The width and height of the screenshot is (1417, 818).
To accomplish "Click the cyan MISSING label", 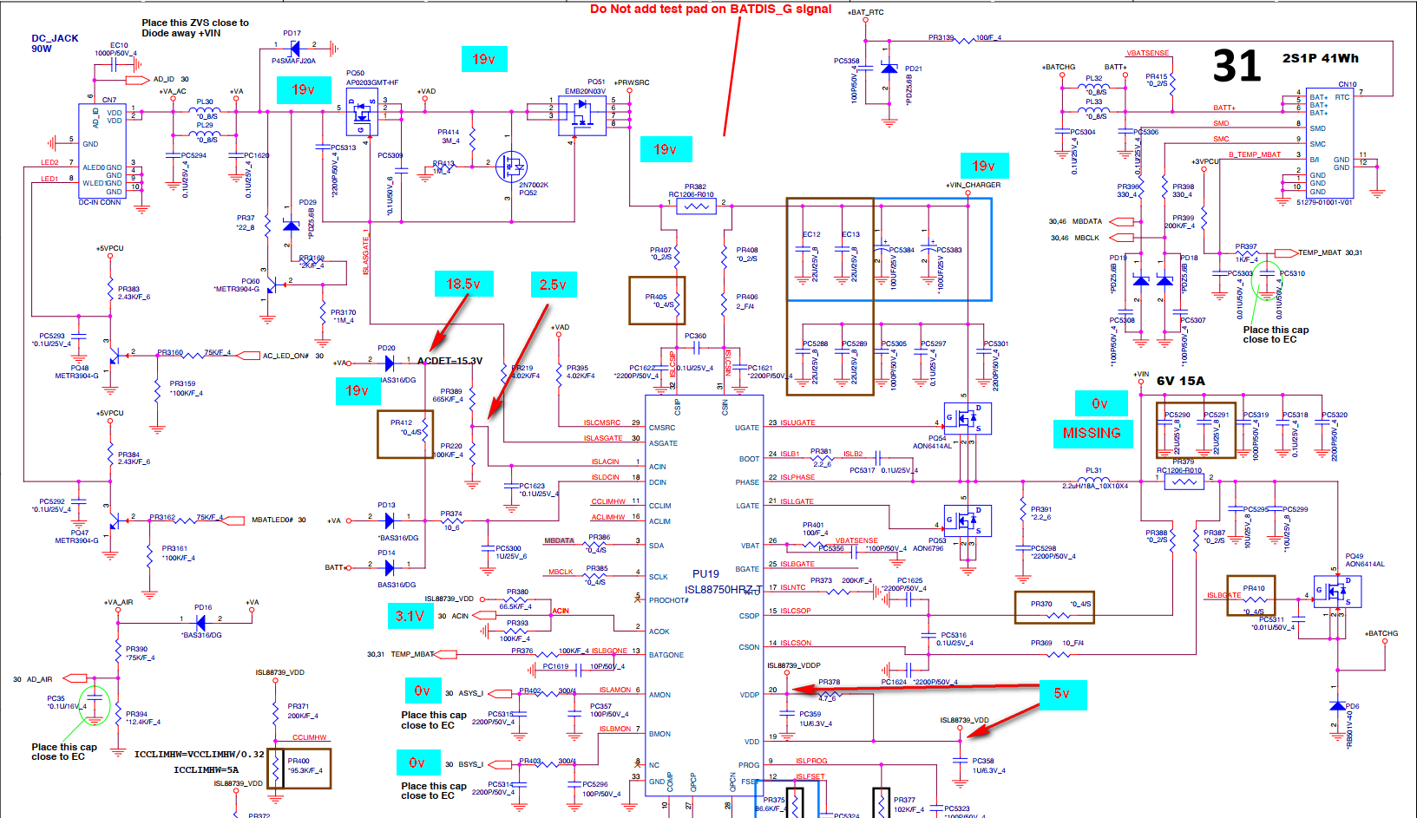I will (x=1092, y=433).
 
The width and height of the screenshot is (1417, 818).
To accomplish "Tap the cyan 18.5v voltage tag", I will (x=463, y=284).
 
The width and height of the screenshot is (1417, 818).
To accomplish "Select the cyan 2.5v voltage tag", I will (x=553, y=284).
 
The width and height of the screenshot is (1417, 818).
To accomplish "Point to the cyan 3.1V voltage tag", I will (x=410, y=616).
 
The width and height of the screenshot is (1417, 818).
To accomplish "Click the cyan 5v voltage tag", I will (x=1061, y=693).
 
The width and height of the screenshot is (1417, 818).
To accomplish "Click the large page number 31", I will (x=1236, y=66).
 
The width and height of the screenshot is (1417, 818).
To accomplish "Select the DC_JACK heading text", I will (x=55, y=38).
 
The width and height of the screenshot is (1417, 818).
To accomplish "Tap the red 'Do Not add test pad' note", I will (x=710, y=10).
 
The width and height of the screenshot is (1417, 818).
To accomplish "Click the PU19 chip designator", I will (x=705, y=573).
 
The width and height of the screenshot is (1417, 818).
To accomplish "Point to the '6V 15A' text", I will (x=1180, y=381).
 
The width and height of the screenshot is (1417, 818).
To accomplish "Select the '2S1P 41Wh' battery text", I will (x=1320, y=58).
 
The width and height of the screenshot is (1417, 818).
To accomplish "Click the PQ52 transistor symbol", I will (x=511, y=166).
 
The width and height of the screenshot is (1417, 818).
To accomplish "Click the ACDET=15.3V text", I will (x=449, y=361).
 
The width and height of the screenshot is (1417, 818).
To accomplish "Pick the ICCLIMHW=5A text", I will (x=206, y=769).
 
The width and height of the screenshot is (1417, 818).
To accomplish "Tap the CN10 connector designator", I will (x=1347, y=84).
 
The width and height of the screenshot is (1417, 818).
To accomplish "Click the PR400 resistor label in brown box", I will (x=298, y=761).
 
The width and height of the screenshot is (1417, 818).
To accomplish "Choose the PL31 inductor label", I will (x=1093, y=470).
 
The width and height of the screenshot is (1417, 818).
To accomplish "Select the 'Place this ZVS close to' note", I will (x=195, y=23).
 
